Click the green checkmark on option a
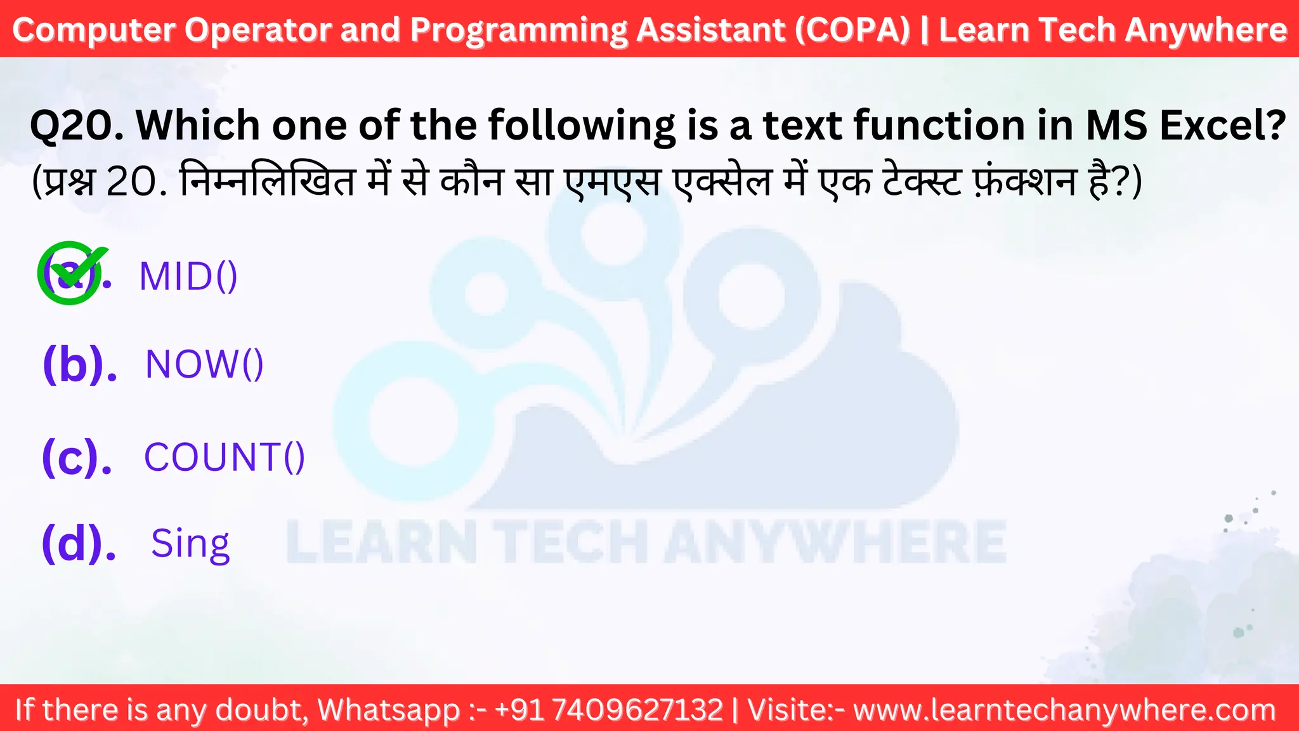[71, 272]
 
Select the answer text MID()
[188, 277]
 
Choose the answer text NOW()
[204, 364]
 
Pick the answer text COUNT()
[225, 457]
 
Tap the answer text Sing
[190, 544]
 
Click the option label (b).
[80, 364]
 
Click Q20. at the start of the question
[77, 125]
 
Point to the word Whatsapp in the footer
[388, 709]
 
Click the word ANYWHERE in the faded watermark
[835, 542]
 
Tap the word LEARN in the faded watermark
[381, 542]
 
